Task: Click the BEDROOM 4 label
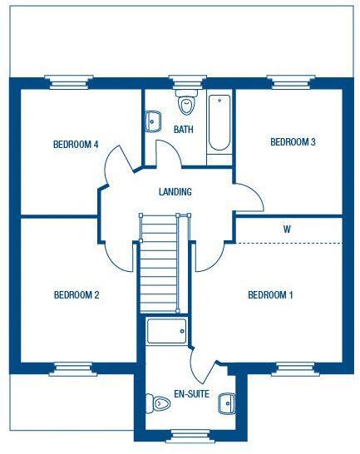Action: coord(76,145)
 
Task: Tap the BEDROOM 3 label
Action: coord(293,142)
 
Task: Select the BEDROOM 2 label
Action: coord(76,294)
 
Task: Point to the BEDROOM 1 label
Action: coord(271,294)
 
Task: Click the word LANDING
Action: coord(175,192)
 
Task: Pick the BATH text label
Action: coord(183,130)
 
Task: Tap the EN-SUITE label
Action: coord(191,394)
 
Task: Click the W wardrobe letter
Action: coord(286,229)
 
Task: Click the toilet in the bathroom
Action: coord(186,103)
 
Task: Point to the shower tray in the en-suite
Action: coord(166,332)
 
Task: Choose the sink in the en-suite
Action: coord(227,403)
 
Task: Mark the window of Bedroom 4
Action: coord(67,81)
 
